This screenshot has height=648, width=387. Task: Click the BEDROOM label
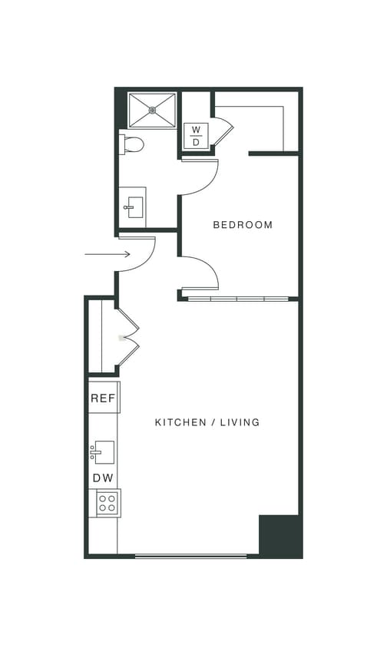click(243, 225)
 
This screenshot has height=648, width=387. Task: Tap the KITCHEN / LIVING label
click(207, 422)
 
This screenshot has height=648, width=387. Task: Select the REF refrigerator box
click(103, 398)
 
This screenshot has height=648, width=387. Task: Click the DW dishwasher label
click(103, 478)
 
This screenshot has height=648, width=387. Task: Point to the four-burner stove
click(107, 503)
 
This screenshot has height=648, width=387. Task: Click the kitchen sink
click(103, 452)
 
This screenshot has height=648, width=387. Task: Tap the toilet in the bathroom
click(132, 144)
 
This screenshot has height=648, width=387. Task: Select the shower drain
click(152, 111)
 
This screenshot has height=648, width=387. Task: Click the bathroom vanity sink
click(134, 207)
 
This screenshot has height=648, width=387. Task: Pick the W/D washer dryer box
click(196, 136)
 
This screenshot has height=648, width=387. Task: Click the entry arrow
click(107, 254)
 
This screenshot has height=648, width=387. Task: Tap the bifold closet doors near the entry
click(127, 336)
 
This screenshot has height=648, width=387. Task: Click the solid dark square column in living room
click(279, 535)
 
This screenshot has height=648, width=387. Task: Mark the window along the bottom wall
click(190, 556)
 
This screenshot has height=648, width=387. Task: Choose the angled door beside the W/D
click(223, 131)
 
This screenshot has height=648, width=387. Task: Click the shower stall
click(152, 111)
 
